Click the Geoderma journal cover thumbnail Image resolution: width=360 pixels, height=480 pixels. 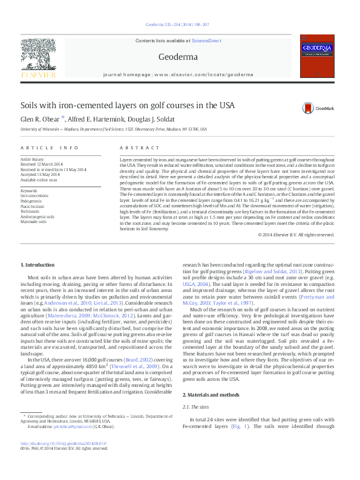point(318,56)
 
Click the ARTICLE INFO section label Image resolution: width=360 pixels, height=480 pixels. point(50,148)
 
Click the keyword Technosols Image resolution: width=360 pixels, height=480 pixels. point(31,210)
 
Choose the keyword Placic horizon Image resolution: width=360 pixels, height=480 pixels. point(33,205)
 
